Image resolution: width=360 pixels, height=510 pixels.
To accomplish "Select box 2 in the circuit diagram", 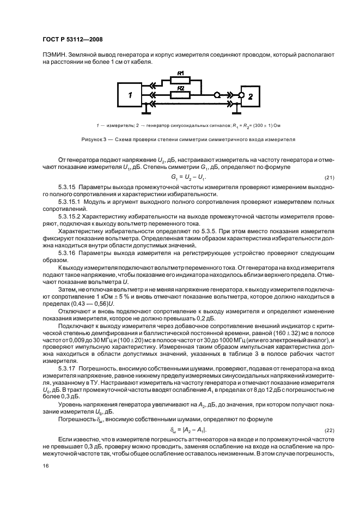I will pyautogui.click(x=251, y=96).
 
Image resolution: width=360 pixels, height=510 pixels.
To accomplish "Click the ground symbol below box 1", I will pyautogui.click(x=146, y=112).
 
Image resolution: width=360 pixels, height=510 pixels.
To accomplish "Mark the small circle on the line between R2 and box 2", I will pyautogui.click(x=217, y=95).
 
